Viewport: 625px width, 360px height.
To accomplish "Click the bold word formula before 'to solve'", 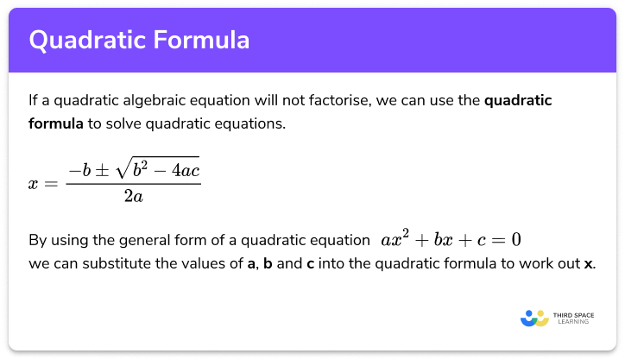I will pos(56,123).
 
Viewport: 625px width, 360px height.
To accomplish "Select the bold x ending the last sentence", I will pos(588,263).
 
